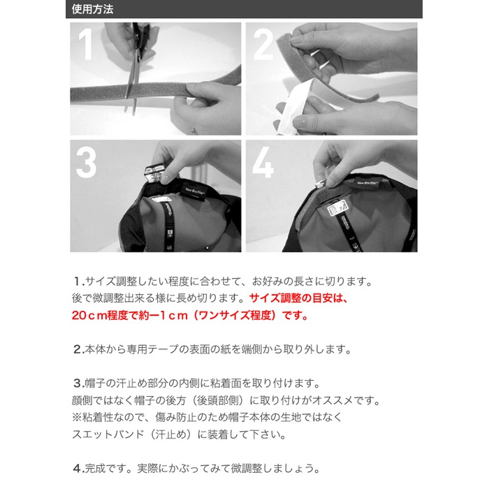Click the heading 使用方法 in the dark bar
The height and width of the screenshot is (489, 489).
(x=92, y=9)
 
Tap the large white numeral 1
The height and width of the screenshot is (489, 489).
(x=85, y=44)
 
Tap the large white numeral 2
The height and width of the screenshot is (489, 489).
(x=263, y=44)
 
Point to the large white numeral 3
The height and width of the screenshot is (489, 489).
(x=86, y=163)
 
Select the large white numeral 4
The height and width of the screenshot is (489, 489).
(x=263, y=163)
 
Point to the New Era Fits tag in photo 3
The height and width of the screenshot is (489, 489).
(x=193, y=191)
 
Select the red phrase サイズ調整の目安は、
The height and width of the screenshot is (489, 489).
(x=298, y=298)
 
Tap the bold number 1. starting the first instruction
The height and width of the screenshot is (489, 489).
(x=79, y=282)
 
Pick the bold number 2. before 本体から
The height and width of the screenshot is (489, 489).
(x=79, y=349)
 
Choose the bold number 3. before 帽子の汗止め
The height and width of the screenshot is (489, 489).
(x=79, y=383)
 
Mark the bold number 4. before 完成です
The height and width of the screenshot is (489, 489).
(x=79, y=468)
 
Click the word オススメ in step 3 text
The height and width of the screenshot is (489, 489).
(x=333, y=400)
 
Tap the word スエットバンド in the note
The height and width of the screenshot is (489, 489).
(x=108, y=434)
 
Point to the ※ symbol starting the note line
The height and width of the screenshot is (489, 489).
(x=77, y=417)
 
